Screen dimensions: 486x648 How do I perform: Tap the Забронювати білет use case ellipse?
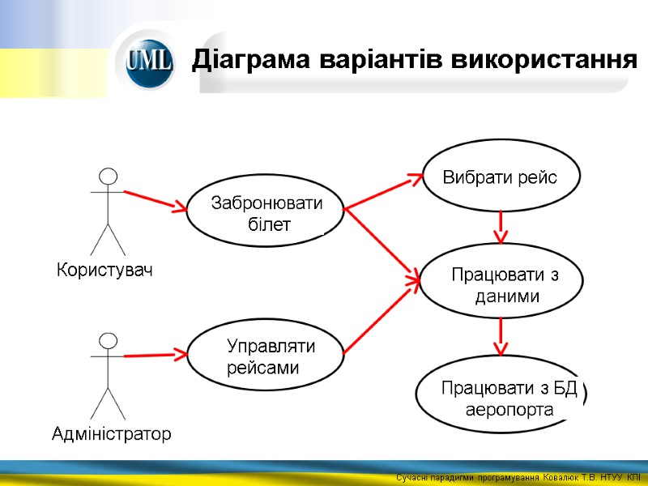266,214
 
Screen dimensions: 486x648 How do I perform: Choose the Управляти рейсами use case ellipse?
266,357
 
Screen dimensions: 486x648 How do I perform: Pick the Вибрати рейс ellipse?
501,177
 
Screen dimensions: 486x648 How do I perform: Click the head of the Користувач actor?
107,176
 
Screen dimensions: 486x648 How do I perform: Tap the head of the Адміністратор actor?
107,340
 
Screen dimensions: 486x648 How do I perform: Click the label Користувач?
104,270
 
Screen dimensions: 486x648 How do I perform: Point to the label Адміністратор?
111,434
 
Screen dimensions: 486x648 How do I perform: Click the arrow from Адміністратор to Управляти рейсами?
154,354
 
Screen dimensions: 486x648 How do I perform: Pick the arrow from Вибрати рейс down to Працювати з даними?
501,226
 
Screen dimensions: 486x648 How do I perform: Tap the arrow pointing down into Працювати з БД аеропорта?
501,336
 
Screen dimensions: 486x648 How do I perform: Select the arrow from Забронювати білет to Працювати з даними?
381,243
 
